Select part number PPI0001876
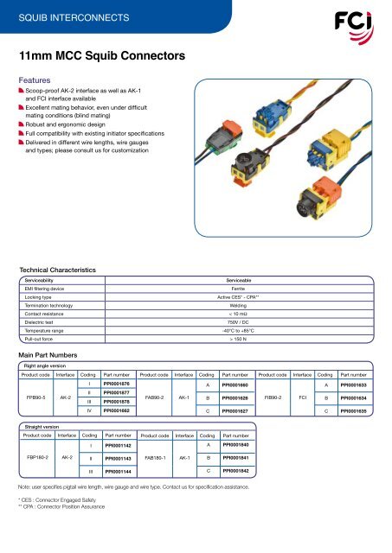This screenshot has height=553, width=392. click(117, 383)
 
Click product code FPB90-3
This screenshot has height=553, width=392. click(35, 397)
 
